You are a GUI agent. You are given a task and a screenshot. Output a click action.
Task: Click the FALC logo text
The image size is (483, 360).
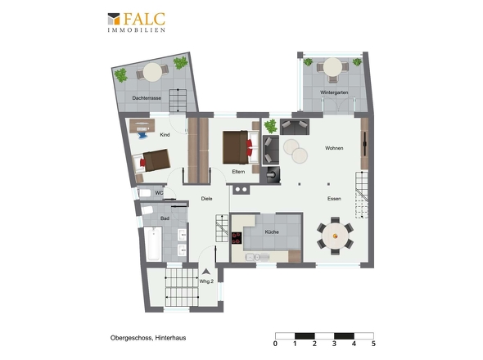144,20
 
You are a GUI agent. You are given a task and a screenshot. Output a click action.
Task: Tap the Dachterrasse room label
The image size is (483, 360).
147,98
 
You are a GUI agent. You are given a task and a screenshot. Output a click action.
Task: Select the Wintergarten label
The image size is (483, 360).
333,93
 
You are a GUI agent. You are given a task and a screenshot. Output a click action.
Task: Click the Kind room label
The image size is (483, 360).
165,134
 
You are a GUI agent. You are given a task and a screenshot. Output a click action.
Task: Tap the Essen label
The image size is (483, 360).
334,199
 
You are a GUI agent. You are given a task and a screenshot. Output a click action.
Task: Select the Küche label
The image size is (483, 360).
272,232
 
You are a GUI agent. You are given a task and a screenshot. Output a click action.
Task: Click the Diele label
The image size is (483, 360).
206,199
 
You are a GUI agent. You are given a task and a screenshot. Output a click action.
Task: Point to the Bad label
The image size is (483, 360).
165,218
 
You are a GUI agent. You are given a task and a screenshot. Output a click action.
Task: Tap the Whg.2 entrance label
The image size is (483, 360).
206,281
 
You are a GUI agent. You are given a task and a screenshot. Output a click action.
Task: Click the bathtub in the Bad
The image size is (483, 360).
152,244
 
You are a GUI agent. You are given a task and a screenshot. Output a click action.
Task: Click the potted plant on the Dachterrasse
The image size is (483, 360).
121,75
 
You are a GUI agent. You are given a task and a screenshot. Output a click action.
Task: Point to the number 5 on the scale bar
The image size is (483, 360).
373,344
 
